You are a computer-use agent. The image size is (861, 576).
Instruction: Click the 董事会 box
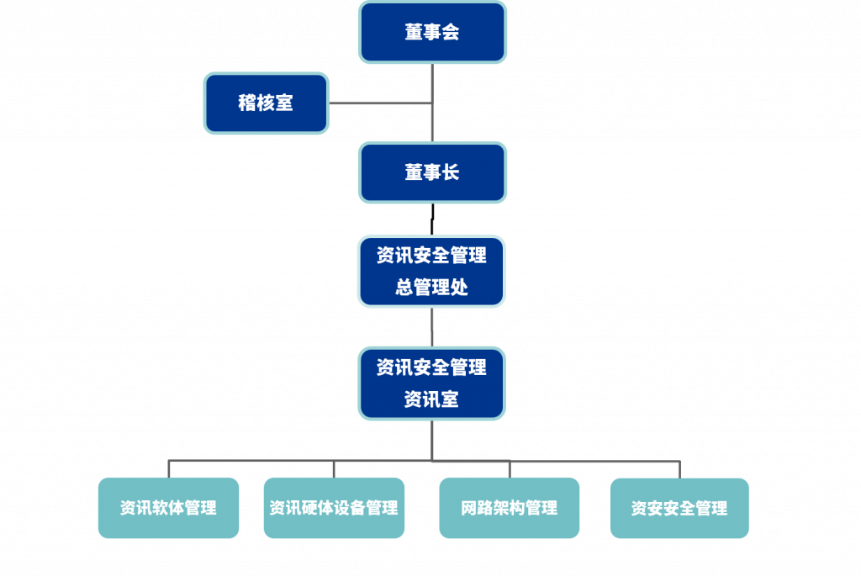(x=432, y=32)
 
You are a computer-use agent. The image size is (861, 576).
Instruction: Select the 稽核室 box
(x=266, y=103)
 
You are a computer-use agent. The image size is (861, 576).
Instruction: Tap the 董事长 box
(x=432, y=172)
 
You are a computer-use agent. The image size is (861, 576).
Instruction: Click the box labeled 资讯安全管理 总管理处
(x=431, y=271)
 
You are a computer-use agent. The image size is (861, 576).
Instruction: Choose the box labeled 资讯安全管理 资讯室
(x=431, y=383)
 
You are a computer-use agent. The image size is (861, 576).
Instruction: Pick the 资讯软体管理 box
(x=168, y=508)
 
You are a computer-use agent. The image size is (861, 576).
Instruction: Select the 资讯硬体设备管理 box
(x=334, y=508)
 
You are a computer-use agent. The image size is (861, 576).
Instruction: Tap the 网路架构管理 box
(x=510, y=508)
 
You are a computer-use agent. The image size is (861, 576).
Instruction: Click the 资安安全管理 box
(x=679, y=508)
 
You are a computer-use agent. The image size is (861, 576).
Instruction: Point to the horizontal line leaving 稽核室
(x=378, y=103)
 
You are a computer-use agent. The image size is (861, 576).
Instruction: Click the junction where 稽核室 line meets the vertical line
(x=432, y=103)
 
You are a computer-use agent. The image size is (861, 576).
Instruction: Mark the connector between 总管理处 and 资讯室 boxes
(x=432, y=326)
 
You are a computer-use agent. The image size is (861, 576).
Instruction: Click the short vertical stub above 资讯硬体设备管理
(x=334, y=469)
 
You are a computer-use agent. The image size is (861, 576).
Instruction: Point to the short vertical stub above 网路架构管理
(x=510, y=469)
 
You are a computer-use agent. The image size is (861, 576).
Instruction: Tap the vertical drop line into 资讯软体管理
(x=169, y=469)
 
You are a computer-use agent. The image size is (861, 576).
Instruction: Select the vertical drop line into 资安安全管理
(x=679, y=469)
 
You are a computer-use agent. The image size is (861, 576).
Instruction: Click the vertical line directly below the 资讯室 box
(x=432, y=440)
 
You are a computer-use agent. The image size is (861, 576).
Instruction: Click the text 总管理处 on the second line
(x=431, y=288)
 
